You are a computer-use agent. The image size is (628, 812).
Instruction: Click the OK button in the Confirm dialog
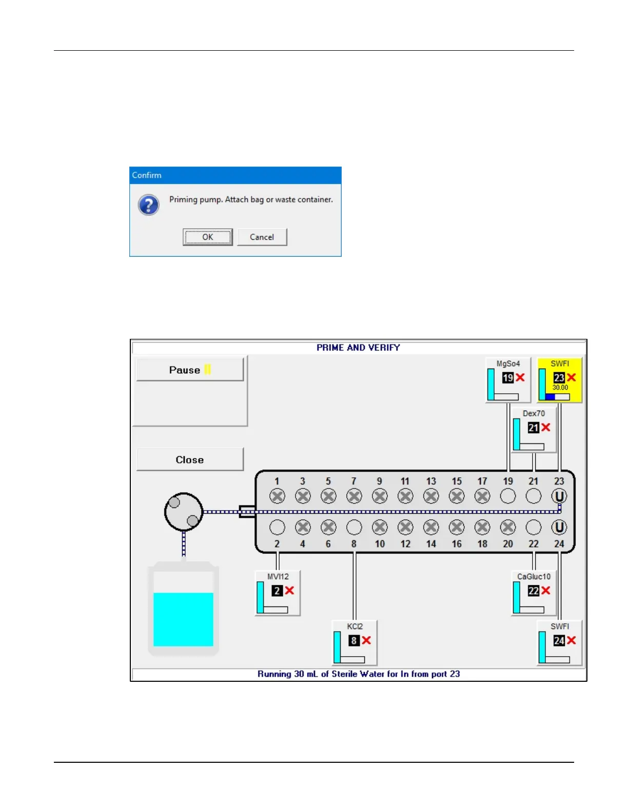click(x=207, y=237)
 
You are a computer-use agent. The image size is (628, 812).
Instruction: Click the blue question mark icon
click(x=148, y=205)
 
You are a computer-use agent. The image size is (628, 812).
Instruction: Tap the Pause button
click(x=190, y=370)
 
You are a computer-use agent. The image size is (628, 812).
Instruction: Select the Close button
click(x=190, y=459)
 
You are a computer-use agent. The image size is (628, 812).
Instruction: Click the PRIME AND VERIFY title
click(x=358, y=348)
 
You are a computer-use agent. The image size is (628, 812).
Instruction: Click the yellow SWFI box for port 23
click(x=559, y=380)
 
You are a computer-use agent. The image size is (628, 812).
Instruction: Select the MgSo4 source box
click(x=507, y=380)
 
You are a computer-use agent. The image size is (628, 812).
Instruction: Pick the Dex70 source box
click(x=534, y=430)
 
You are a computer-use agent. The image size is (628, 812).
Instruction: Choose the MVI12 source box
click(x=278, y=593)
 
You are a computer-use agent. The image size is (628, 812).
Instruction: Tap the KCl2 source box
click(x=355, y=642)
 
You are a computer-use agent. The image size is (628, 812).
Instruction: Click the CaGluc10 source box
click(x=534, y=593)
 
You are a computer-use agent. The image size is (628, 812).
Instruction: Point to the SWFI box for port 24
click(x=559, y=642)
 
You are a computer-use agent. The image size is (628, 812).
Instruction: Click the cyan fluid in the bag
click(x=183, y=619)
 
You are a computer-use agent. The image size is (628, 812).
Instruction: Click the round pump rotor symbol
click(x=184, y=512)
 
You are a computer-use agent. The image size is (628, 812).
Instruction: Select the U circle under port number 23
click(x=559, y=496)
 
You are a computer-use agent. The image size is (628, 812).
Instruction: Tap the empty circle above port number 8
click(x=354, y=527)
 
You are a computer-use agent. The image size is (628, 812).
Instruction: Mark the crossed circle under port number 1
click(x=277, y=496)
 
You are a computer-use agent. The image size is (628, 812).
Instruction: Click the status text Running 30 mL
click(x=358, y=674)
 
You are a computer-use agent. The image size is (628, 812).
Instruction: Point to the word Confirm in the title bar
click(x=147, y=175)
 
